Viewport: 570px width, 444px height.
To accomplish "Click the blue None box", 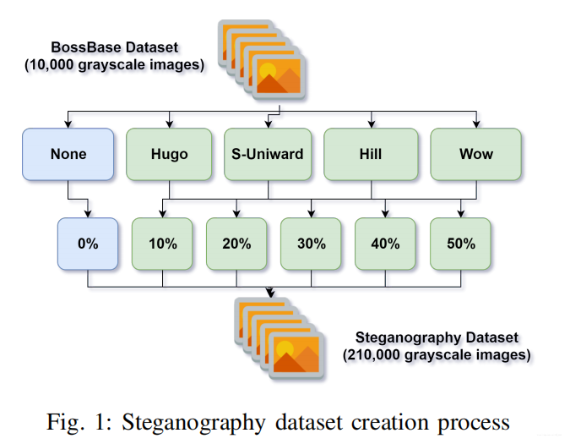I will click(x=68, y=154).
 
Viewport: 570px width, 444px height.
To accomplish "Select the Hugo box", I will click(x=169, y=154).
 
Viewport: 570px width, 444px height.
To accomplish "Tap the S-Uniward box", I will click(x=269, y=154).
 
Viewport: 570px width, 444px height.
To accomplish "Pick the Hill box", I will click(x=370, y=154).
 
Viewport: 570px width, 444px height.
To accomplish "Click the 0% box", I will click(x=89, y=244).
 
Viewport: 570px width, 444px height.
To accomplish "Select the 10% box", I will click(x=163, y=244).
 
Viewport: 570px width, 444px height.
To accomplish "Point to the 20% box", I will click(x=237, y=244).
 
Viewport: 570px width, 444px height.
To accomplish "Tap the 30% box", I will click(x=312, y=244).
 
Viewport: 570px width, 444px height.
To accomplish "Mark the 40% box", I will click(x=386, y=244).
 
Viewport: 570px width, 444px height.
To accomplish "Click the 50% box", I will click(x=460, y=244).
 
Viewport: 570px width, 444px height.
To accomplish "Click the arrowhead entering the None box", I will click(x=68, y=123).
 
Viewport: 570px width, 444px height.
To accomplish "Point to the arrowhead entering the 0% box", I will click(x=89, y=213).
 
